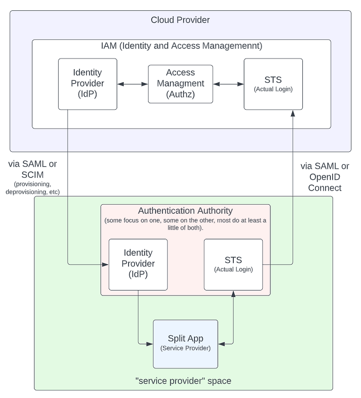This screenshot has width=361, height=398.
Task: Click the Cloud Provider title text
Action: coord(180,20)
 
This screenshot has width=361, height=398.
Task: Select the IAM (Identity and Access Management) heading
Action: coord(181,46)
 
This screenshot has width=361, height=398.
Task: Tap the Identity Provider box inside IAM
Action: coord(88,84)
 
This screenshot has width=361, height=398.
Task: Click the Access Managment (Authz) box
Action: coord(180,84)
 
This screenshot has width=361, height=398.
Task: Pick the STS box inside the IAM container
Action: coord(273,84)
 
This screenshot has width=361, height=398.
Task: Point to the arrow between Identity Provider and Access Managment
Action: coord(133,84)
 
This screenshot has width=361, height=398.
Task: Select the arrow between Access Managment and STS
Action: coord(228,84)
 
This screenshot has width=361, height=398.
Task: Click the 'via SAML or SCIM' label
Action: coord(32,169)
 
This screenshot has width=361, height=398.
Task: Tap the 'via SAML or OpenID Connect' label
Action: coord(325,177)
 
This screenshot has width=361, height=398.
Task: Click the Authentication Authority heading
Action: coord(185,211)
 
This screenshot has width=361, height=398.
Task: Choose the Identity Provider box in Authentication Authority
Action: coord(138,264)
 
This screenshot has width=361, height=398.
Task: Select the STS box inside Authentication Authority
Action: coord(233,264)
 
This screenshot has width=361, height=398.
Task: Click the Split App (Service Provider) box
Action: coord(185,343)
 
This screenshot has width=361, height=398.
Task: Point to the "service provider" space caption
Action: coord(183,381)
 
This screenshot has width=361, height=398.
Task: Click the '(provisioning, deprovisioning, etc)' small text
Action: coord(32,188)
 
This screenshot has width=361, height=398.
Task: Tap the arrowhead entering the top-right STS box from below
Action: coord(293,113)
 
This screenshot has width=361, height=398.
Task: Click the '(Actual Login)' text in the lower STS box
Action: coord(233,270)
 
